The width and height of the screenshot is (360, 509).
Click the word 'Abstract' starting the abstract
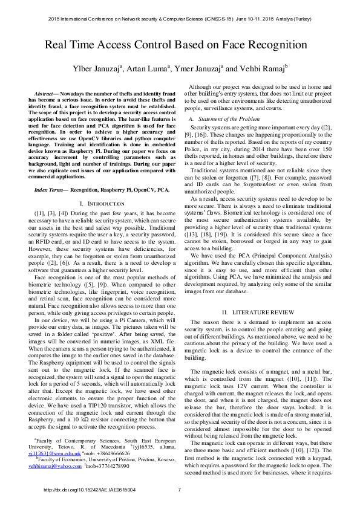click(45, 96)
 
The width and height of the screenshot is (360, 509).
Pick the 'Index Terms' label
click(51, 189)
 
